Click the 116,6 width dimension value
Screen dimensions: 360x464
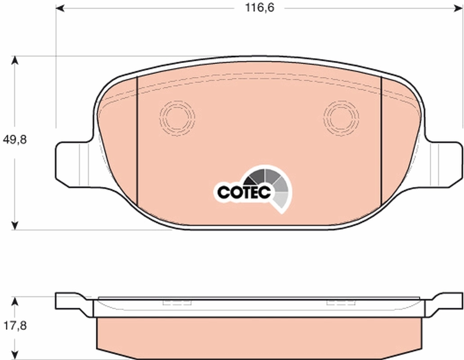coord(255,8)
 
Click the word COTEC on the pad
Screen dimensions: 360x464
coord(243,192)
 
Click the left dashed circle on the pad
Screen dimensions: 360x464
coord(177,117)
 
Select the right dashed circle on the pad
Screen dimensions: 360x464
coord(341,117)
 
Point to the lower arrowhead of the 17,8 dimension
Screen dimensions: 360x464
coord(15,355)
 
